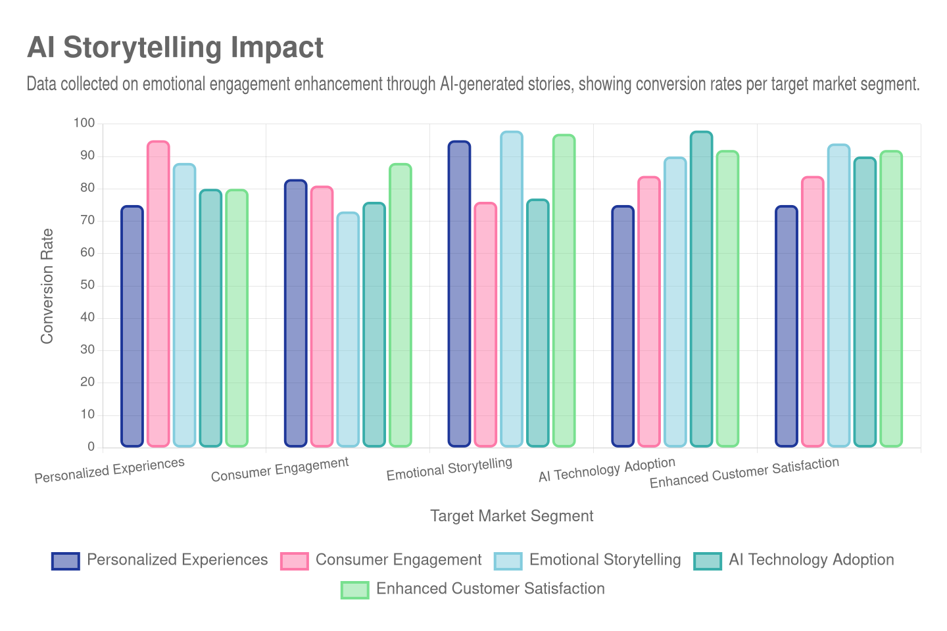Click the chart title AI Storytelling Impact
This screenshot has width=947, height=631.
[x=175, y=47]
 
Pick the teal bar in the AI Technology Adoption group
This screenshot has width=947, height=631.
[x=701, y=289]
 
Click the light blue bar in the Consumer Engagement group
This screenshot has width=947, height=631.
[x=348, y=329]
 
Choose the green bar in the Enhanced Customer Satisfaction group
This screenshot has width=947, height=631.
[x=891, y=299]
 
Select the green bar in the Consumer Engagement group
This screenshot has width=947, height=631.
[x=401, y=305]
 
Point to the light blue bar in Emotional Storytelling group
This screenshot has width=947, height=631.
[x=512, y=289]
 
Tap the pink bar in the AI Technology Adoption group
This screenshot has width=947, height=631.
[x=649, y=312]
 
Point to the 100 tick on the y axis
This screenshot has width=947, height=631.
[x=84, y=123]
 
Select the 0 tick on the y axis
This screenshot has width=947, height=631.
[x=91, y=446]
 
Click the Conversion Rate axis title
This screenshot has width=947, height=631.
[x=47, y=286]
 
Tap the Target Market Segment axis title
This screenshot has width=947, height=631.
[x=512, y=516]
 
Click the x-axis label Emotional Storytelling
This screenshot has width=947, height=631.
[x=449, y=469]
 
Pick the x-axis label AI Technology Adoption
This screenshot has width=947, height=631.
[x=606, y=469]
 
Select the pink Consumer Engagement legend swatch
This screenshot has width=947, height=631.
[x=294, y=561]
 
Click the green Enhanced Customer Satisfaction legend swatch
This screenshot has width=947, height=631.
[x=354, y=590]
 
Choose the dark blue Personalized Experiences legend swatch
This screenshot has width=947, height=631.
[x=65, y=561]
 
